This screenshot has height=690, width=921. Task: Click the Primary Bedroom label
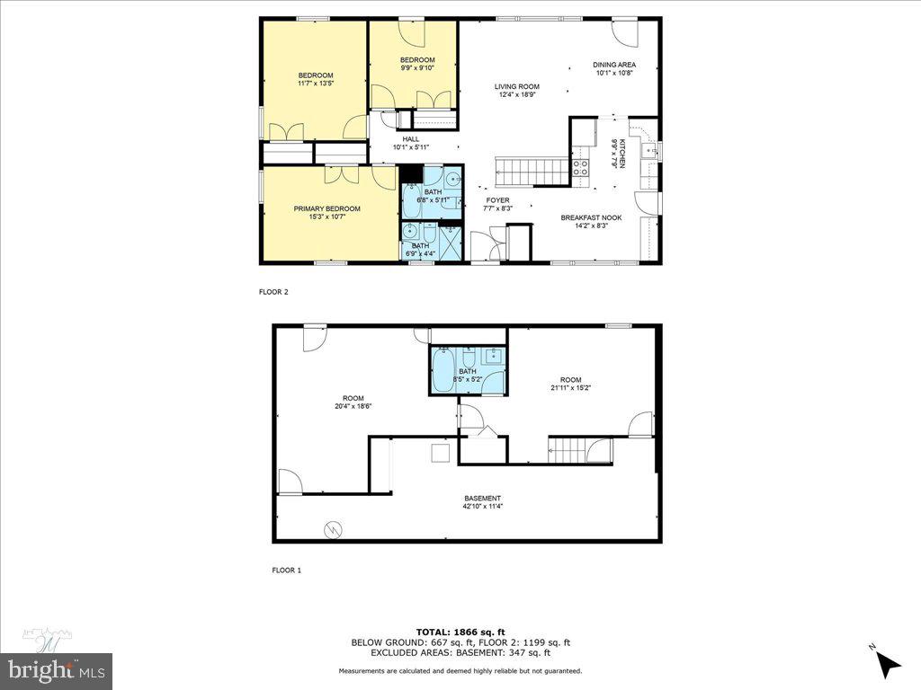pyautogui.click(x=326, y=208)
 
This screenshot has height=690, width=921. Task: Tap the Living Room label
pyautogui.click(x=516, y=87)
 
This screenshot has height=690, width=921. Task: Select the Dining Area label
pyautogui.click(x=614, y=65)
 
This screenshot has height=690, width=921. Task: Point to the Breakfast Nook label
pyautogui.click(x=591, y=217)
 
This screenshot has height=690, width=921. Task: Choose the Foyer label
pyautogui.click(x=497, y=200)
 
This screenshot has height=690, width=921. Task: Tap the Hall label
pyautogui.click(x=411, y=139)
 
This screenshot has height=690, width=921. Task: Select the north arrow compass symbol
pyautogui.click(x=888, y=663)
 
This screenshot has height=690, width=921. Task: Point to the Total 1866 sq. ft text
pyautogui.click(x=460, y=631)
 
